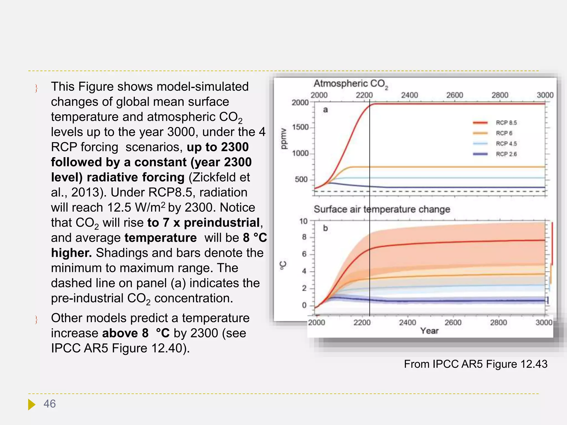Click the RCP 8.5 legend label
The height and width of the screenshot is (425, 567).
506,123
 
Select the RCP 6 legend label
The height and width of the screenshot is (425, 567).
504,133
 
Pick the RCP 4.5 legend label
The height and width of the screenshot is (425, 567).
506,144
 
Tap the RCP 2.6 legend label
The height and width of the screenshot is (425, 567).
506,154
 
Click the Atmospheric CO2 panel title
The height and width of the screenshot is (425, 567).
351,84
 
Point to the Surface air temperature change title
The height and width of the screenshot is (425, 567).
382,209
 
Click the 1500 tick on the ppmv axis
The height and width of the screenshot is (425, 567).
300,127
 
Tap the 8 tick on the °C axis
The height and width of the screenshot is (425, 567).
304,237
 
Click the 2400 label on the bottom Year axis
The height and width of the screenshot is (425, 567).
407,322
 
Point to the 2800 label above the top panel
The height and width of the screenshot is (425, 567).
500,95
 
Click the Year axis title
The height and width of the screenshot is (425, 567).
429,331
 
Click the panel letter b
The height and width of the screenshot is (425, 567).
325,228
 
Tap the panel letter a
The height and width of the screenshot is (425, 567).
325,110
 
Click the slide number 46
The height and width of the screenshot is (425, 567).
50,404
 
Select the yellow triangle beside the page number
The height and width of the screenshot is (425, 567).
32,404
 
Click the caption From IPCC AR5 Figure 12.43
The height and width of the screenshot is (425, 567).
475,364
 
